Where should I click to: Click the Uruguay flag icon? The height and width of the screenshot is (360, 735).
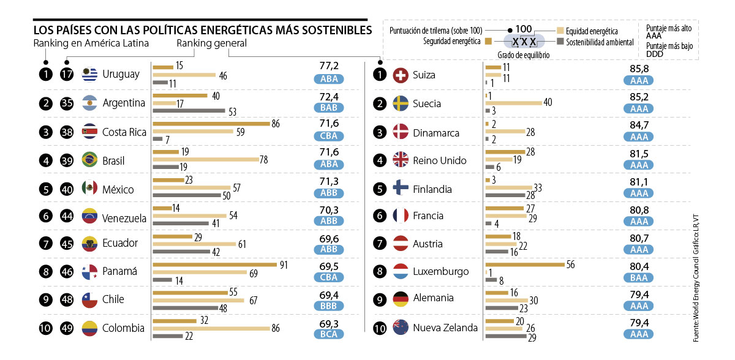[90, 74]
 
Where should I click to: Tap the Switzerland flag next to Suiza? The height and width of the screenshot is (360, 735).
[401, 75]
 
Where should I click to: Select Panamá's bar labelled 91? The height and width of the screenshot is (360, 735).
[214, 264]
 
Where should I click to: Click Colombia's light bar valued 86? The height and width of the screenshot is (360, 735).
[211, 328]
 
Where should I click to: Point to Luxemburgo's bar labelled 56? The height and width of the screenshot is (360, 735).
[524, 264]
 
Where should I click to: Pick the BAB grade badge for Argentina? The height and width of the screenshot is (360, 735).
[329, 107]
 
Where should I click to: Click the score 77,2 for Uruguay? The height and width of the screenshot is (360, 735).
[329, 66]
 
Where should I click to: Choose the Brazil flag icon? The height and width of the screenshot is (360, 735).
[90, 160]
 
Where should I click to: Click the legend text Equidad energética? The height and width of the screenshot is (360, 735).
[592, 31]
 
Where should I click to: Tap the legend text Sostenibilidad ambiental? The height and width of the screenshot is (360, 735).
[599, 42]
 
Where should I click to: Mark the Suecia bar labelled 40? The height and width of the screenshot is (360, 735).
[513, 103]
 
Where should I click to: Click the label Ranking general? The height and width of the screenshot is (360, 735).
[211, 43]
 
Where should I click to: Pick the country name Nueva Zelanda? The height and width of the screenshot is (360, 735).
[445, 328]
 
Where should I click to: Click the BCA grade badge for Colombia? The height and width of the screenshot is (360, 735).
[329, 334]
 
